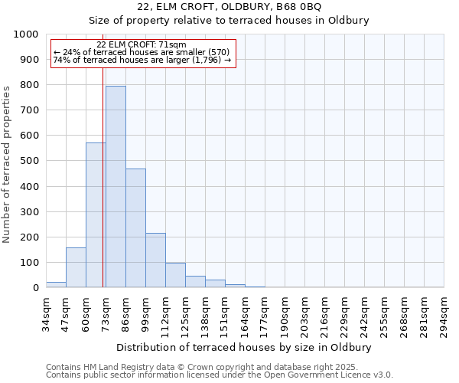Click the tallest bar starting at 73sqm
116,187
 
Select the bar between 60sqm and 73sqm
96,215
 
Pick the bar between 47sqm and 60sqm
76,267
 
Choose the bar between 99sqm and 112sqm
155,260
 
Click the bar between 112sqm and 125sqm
175,275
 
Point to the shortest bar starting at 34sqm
56,284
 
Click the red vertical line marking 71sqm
103,191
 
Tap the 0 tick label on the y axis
35,288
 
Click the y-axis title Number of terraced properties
7,164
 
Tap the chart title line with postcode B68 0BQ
229,7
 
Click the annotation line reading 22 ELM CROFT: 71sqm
142,45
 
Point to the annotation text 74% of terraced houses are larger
142,60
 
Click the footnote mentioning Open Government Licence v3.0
220,375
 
